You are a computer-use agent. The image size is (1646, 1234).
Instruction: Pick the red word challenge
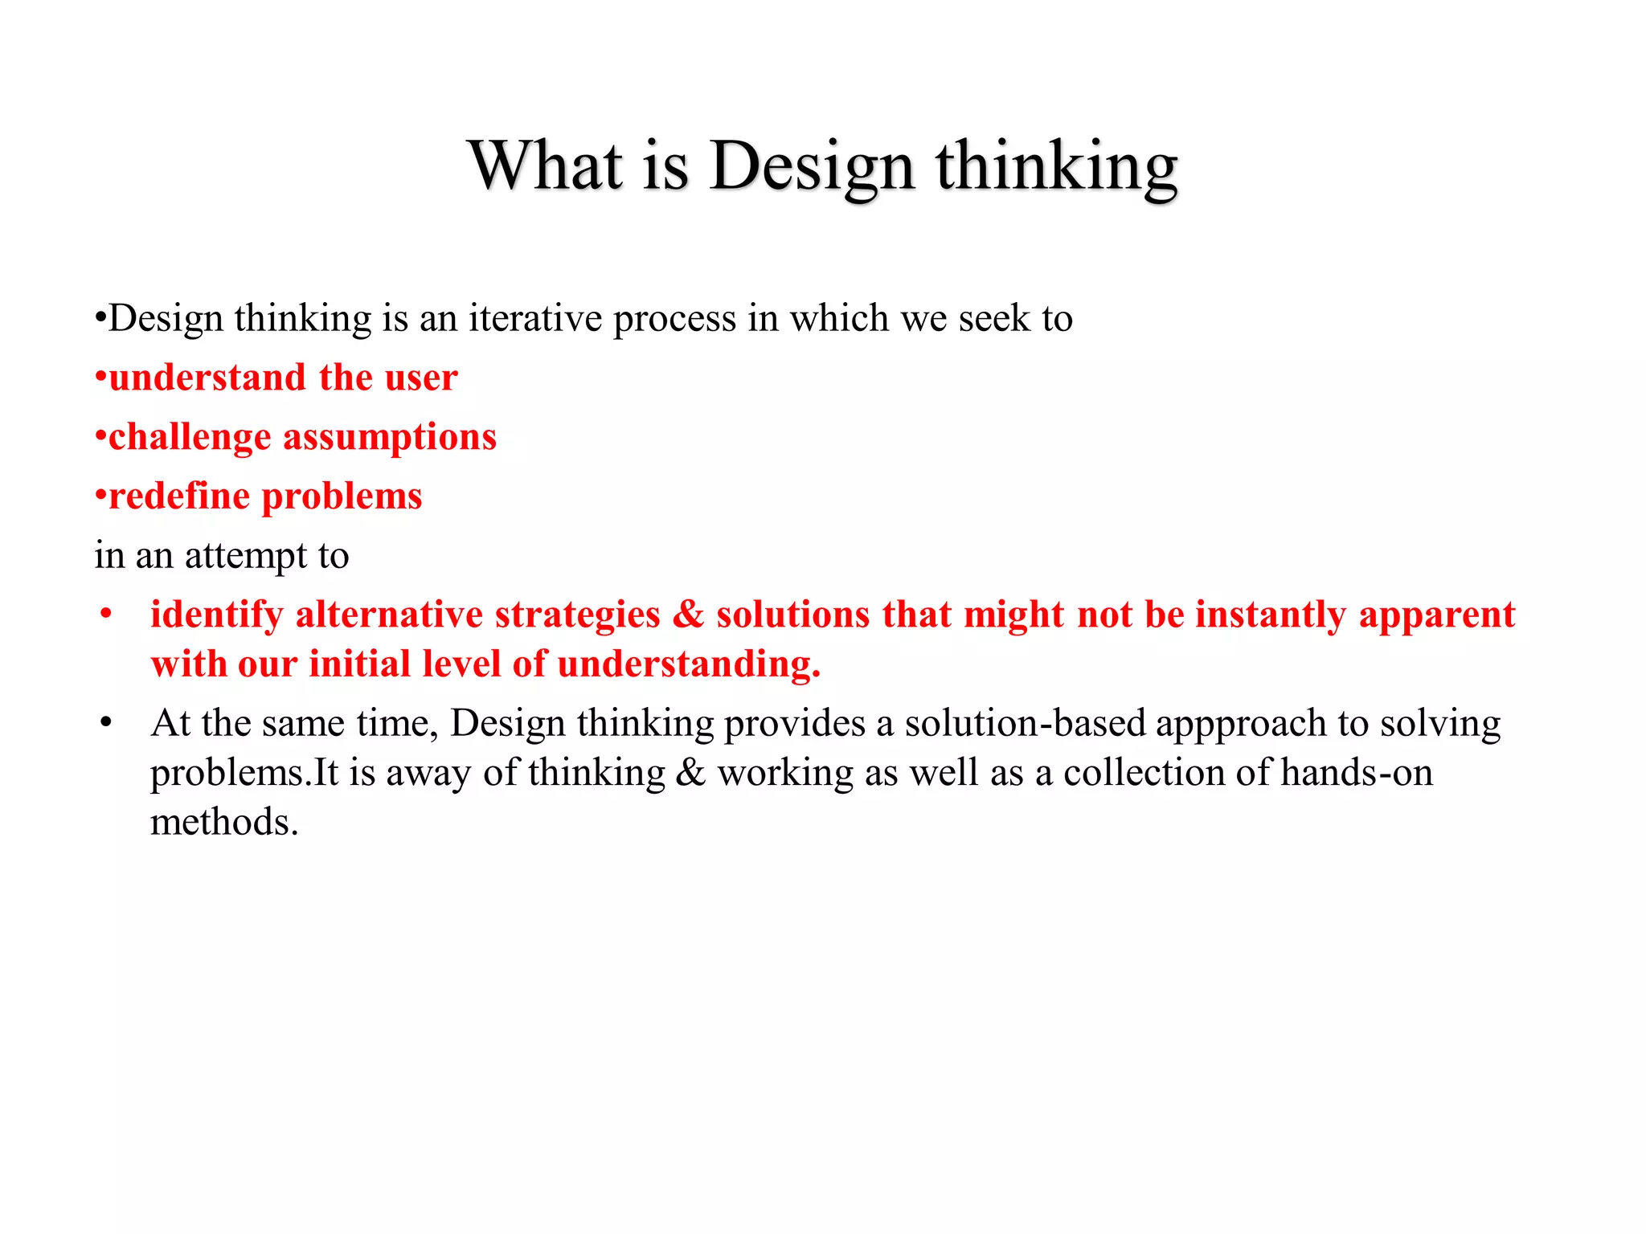tap(190, 438)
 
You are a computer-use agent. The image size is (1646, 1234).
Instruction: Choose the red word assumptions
tap(390, 437)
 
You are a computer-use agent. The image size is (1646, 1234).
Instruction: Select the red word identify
tap(217, 615)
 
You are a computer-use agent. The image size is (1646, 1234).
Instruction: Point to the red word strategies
tap(577, 615)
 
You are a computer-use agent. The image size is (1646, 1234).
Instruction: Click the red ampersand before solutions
tap(688, 615)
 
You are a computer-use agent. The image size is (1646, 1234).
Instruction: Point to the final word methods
tap(224, 823)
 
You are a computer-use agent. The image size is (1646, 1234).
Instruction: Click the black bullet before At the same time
tap(106, 723)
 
